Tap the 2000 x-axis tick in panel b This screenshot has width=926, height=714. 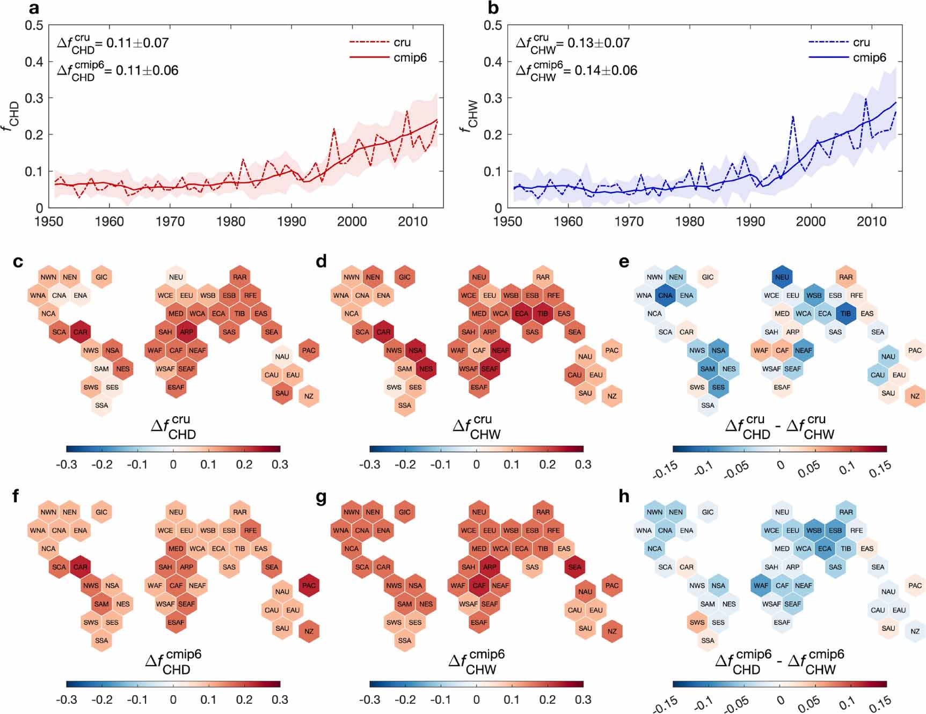click(811, 222)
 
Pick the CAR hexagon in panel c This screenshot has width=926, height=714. click(80, 332)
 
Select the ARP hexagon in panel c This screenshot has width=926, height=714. click(186, 332)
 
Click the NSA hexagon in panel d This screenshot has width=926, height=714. click(415, 350)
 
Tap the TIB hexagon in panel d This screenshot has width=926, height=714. click(543, 314)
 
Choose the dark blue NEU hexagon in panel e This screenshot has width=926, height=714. click(782, 277)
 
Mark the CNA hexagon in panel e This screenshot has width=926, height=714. click(665, 296)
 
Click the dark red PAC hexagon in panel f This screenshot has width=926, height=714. click(309, 585)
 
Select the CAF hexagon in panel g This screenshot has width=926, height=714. click(479, 585)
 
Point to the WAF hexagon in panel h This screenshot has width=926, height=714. click(761, 585)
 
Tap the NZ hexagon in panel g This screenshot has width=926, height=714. click(612, 631)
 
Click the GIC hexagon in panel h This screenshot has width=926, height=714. click(708, 512)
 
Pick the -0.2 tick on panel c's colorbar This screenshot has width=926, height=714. click(101, 465)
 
